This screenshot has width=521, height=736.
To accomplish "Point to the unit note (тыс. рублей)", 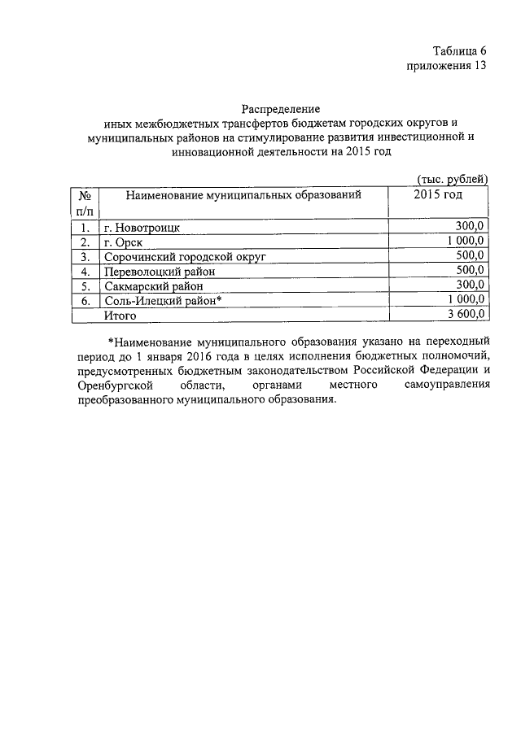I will click(452, 179).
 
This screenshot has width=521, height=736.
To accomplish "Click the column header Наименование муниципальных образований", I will click(243, 195).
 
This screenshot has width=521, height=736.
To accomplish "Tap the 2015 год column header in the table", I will click(437, 195).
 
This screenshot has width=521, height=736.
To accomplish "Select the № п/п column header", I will click(84, 203).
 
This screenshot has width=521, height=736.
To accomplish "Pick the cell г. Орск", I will click(123, 242).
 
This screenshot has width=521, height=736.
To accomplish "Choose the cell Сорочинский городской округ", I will click(185, 257).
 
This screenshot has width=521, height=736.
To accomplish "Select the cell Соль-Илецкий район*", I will click(163, 301).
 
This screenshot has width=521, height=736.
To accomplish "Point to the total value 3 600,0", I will click(465, 314).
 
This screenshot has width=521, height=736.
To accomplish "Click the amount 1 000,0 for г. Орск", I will click(465, 241).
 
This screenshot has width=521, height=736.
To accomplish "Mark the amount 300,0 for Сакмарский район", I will click(470, 285).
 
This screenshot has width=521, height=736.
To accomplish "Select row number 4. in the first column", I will click(84, 272).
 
